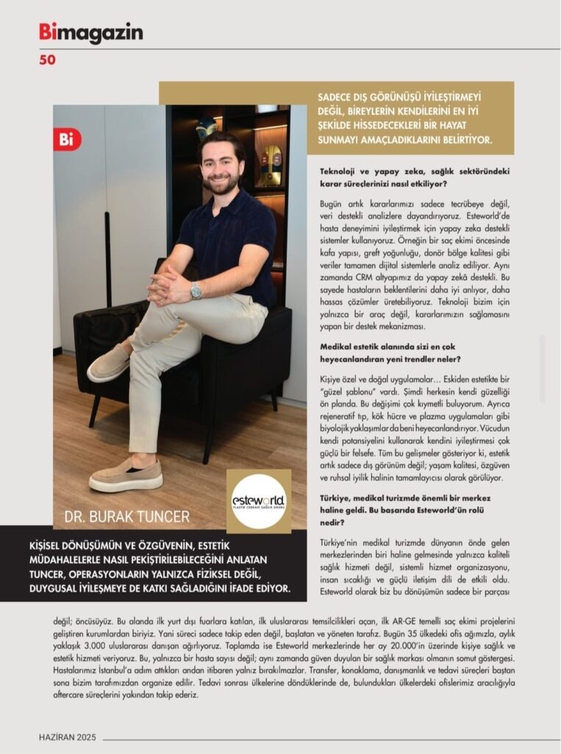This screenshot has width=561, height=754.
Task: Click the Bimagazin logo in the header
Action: [91, 33]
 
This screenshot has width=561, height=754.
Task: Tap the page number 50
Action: [47, 60]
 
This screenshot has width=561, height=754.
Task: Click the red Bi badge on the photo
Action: [67, 140]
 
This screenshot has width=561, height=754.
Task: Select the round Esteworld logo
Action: [258, 501]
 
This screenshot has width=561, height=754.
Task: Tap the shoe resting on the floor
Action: [126, 476]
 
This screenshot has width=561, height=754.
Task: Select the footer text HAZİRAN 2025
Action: [68, 737]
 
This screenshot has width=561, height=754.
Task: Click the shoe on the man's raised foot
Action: [109, 364]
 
